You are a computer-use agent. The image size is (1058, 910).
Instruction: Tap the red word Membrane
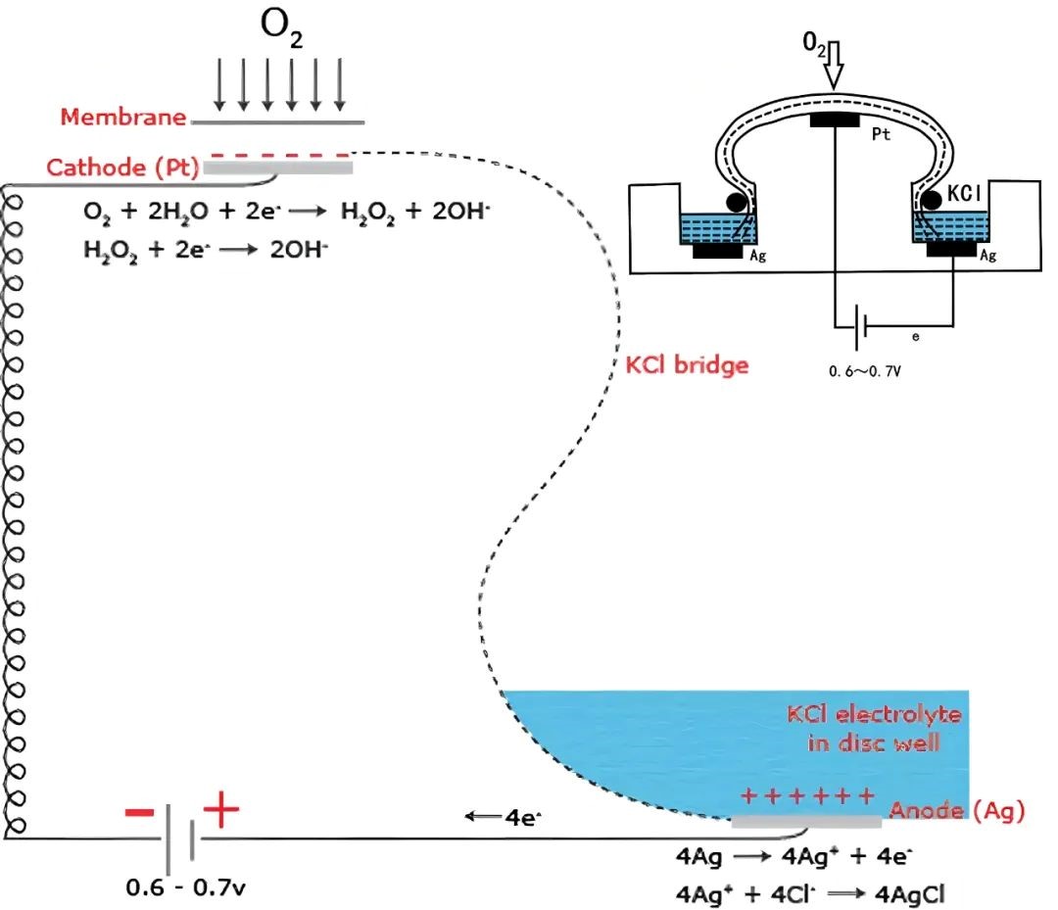tap(123, 118)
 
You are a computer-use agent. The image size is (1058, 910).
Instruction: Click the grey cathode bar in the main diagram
tap(278, 168)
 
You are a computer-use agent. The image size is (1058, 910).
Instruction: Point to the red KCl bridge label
tap(687, 366)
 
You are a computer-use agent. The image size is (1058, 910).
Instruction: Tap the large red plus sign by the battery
tap(220, 810)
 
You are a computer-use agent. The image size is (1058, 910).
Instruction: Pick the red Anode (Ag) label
tap(957, 810)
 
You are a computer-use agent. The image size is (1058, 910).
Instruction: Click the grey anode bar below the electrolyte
tap(805, 823)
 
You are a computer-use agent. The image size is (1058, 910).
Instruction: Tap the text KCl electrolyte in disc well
tap(874, 728)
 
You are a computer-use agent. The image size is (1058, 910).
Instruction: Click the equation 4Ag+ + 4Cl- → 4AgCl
tap(806, 892)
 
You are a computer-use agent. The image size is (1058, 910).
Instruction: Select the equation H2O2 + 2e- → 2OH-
tap(206, 251)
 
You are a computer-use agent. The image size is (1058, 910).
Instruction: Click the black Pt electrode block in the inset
tap(834, 120)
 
